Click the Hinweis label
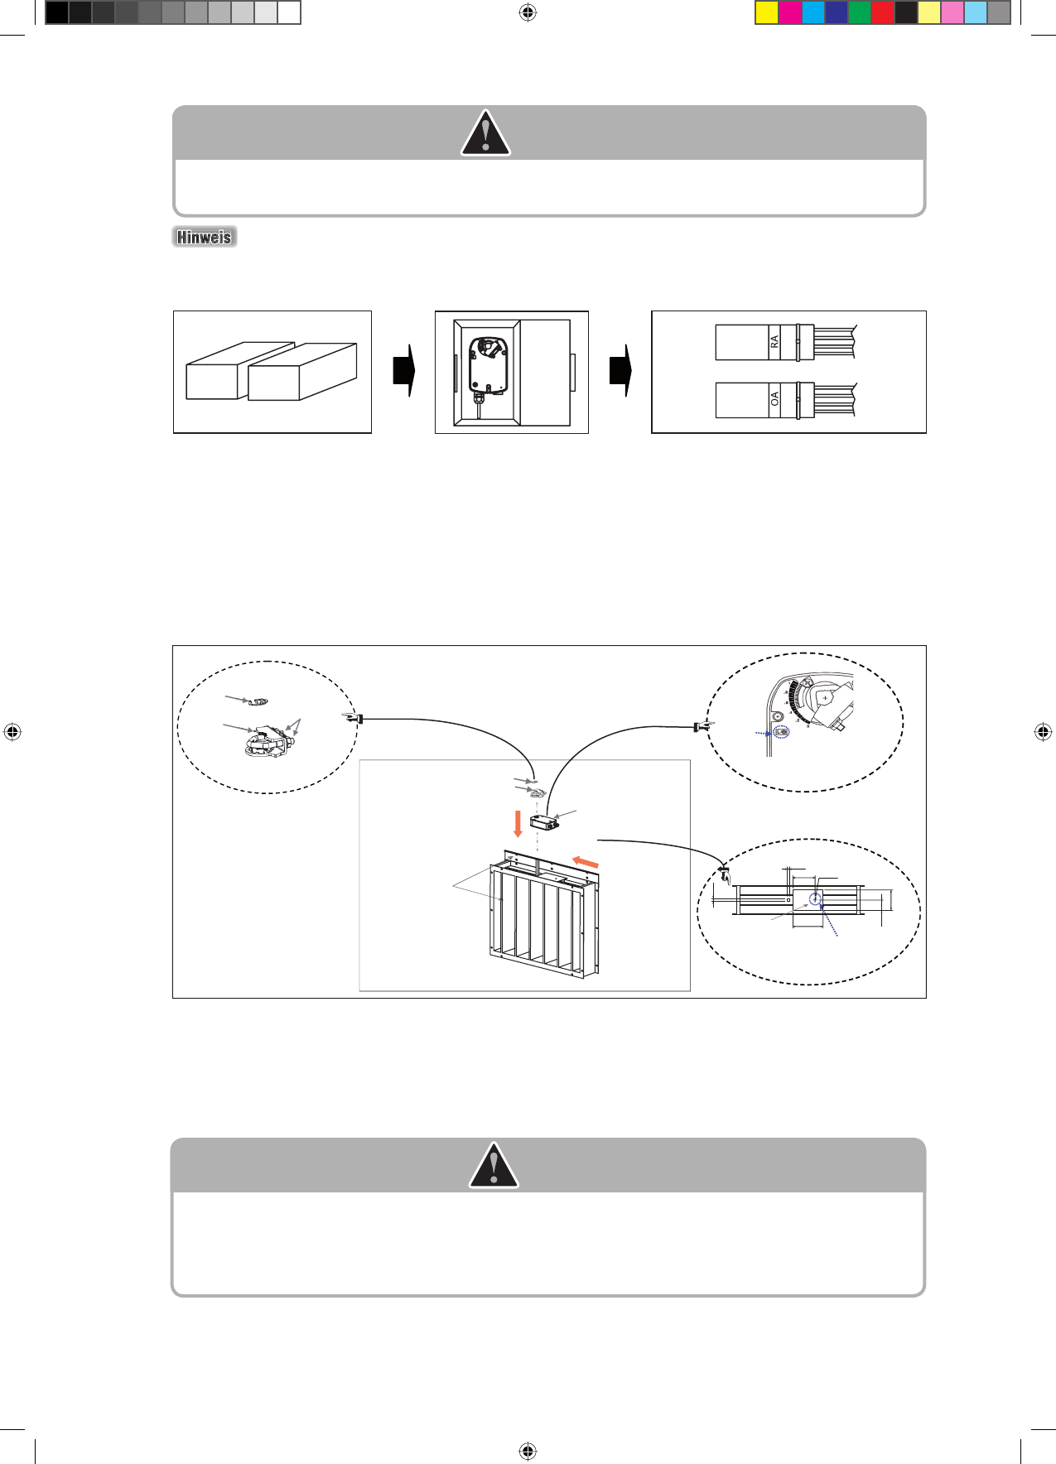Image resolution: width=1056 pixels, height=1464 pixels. click(205, 237)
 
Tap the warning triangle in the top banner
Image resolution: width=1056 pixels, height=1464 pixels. click(485, 134)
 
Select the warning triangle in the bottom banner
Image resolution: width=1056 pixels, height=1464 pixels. click(494, 1166)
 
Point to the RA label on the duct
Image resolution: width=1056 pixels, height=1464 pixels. click(775, 341)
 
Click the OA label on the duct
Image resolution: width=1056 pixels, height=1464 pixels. click(775, 399)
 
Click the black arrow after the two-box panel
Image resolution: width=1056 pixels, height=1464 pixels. click(403, 370)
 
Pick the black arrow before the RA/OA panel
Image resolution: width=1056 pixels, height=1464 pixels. click(620, 370)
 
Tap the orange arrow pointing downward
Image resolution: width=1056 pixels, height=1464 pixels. click(518, 824)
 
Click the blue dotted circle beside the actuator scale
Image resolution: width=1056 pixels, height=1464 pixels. click(781, 732)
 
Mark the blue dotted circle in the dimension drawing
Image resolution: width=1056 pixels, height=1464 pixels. click(816, 898)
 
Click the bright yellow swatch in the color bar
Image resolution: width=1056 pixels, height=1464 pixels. click(767, 12)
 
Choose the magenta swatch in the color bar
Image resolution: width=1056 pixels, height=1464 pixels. click(790, 12)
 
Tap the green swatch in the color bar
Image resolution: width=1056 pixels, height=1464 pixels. click(860, 12)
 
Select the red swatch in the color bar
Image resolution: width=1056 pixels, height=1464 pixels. click(883, 12)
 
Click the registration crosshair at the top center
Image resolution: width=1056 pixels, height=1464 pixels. click(528, 12)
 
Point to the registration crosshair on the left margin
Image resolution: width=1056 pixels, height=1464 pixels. click(12, 732)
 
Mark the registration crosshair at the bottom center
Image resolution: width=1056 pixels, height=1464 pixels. click(528, 1451)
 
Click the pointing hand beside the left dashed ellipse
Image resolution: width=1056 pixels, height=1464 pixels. click(354, 719)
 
